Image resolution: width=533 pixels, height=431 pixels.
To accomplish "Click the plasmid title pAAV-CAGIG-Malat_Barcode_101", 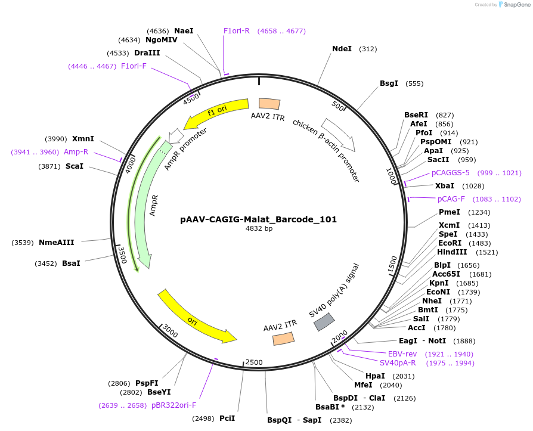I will tap(258, 219).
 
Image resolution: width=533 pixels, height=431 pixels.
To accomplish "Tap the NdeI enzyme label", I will tap(342, 49).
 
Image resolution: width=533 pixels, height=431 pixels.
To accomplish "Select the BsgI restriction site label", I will tap(389, 83).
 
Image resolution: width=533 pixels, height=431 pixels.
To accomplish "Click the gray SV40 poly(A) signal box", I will tap(324, 322).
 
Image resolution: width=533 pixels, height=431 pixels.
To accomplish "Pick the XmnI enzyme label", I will tap(83, 138).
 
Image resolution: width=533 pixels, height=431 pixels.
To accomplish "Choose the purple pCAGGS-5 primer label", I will tap(451, 173).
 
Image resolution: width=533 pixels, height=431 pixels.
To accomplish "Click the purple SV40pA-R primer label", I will tap(398, 362).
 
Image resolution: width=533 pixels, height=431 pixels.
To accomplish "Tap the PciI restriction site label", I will tap(227, 418).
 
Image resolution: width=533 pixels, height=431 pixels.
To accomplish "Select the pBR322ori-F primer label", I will tap(173, 405).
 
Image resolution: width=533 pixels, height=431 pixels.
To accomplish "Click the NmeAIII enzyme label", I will tap(57, 242).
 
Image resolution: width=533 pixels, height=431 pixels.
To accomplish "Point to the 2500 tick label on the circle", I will tap(254, 362).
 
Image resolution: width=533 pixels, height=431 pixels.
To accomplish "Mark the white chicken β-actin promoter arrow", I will tap(339, 135).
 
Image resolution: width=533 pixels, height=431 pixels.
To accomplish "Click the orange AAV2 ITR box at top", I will tap(269, 104).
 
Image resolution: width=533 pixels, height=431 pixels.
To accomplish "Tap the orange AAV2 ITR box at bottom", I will tap(283, 339).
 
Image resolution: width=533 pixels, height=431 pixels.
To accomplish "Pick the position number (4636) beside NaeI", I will tap(158, 31).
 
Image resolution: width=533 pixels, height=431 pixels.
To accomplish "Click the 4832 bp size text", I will tap(259, 228).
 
